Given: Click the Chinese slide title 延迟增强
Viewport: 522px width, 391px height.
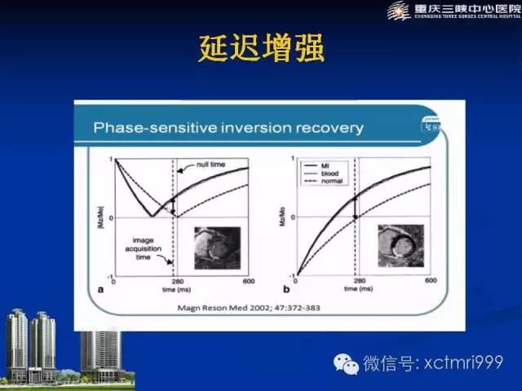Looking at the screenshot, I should [x=261, y=48].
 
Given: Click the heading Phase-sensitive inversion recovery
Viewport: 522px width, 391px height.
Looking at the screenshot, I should [x=228, y=128].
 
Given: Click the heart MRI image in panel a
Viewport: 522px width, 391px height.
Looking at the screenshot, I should [x=218, y=247].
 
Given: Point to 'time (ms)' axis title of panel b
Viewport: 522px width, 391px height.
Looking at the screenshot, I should [x=356, y=289].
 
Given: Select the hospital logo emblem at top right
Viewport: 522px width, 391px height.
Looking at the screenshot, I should [x=399, y=11].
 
